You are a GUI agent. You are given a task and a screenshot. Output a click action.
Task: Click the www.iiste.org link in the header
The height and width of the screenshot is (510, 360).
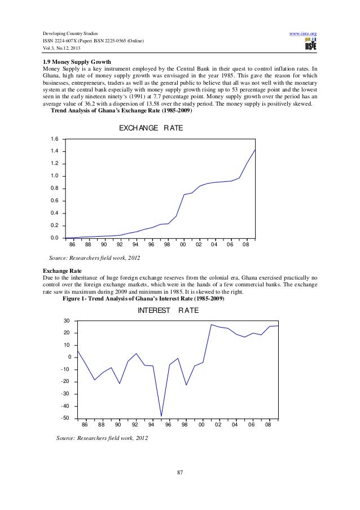[302, 34]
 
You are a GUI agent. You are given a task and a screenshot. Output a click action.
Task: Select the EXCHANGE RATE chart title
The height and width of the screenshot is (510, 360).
[151, 129]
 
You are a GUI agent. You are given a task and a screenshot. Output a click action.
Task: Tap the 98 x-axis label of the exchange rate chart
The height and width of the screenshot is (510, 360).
[167, 245]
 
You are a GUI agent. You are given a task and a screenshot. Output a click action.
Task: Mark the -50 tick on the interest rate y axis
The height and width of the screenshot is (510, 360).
[65, 418]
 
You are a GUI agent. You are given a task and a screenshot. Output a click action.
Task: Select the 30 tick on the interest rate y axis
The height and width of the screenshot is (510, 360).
[67, 321]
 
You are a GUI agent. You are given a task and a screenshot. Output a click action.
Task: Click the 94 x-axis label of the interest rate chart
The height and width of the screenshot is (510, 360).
[151, 425]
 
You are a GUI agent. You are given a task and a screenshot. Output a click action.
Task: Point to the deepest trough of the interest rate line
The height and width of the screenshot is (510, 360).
[161, 416]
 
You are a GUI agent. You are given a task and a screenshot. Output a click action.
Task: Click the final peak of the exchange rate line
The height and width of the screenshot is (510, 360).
[255, 150]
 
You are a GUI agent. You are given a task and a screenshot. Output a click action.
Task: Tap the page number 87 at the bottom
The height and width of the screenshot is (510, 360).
[180, 472]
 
